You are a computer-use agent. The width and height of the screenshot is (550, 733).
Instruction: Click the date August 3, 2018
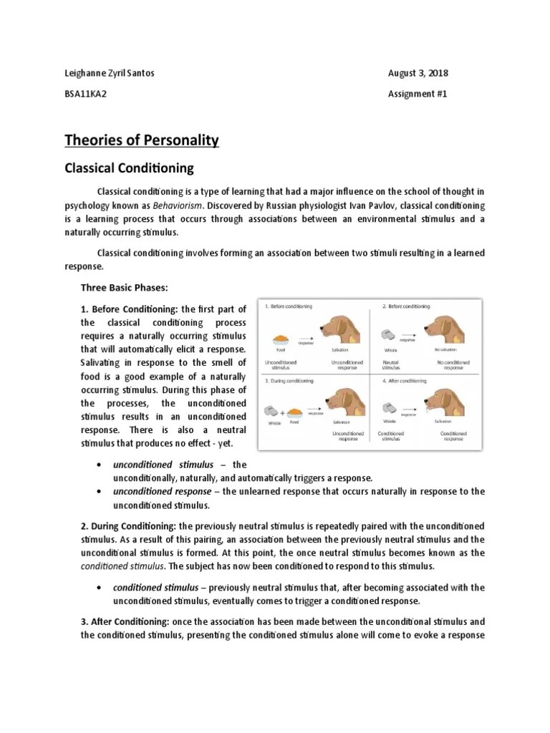click(x=418, y=74)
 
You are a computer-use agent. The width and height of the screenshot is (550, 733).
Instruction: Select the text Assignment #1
click(x=418, y=94)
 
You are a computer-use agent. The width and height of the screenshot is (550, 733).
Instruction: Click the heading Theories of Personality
click(x=142, y=140)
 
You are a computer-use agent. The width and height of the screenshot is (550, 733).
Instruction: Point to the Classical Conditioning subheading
click(x=130, y=169)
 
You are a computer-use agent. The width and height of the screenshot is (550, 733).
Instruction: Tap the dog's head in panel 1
click(x=337, y=330)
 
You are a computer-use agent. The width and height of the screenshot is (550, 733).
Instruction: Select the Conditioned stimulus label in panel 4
click(x=391, y=437)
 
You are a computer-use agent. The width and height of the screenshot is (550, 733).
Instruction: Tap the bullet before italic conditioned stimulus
click(x=97, y=588)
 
